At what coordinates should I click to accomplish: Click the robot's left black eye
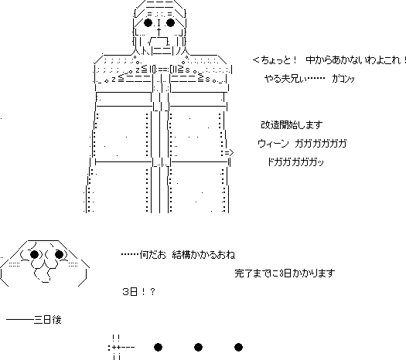click(148, 22)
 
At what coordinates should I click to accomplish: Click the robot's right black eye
click(170, 22)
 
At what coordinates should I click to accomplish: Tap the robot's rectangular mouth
click(159, 42)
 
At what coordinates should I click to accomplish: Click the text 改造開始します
click(292, 125)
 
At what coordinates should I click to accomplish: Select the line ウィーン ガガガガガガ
click(302, 143)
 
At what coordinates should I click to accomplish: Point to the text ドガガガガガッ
click(295, 162)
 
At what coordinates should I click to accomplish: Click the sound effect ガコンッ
click(343, 79)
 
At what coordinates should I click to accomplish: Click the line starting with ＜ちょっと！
click(329, 60)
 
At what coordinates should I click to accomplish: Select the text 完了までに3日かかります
click(285, 273)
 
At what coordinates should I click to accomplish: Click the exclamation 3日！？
click(138, 292)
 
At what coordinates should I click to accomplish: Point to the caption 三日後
click(48, 320)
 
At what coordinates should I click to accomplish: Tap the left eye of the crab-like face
click(35, 255)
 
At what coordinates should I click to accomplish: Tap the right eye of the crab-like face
click(59, 255)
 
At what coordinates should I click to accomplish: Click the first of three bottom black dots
click(159, 347)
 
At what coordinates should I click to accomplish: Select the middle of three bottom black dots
click(198, 347)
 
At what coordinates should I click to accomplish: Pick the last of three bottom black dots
click(238, 347)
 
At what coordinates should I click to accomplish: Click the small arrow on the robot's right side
click(229, 153)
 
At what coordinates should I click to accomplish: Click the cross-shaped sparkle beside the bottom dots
click(116, 347)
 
